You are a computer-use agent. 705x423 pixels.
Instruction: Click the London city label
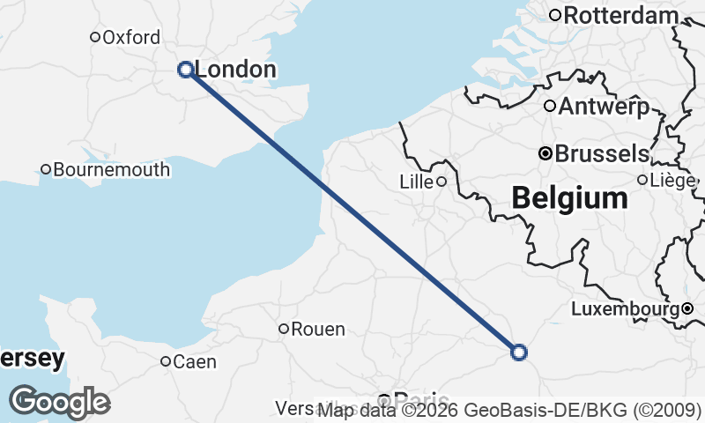click(x=235, y=70)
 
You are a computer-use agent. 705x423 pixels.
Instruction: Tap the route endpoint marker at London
click(x=186, y=70)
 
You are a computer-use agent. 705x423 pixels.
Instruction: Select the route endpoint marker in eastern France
click(x=519, y=352)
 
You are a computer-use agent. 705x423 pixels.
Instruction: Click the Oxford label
click(x=131, y=37)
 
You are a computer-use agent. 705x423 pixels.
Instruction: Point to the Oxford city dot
click(x=95, y=37)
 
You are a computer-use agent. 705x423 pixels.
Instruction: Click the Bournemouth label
click(x=112, y=169)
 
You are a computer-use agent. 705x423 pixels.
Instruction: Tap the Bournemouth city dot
click(x=46, y=169)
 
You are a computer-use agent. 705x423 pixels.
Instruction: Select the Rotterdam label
click(x=621, y=15)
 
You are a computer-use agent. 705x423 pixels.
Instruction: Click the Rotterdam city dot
click(x=555, y=15)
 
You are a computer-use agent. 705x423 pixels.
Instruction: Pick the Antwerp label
click(x=604, y=107)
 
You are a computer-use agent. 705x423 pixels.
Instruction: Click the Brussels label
click(x=602, y=153)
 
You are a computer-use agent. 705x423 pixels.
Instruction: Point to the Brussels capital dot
click(x=545, y=153)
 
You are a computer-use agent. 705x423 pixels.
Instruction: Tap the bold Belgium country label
click(x=570, y=198)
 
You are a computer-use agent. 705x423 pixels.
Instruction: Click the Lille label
click(x=416, y=182)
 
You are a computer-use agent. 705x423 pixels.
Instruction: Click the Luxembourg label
click(x=625, y=309)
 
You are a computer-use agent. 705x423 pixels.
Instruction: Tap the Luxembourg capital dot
click(x=687, y=308)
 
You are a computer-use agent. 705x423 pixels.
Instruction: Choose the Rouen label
click(x=318, y=330)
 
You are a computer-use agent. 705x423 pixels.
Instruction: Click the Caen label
click(x=195, y=361)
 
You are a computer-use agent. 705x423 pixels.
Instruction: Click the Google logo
click(x=59, y=402)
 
